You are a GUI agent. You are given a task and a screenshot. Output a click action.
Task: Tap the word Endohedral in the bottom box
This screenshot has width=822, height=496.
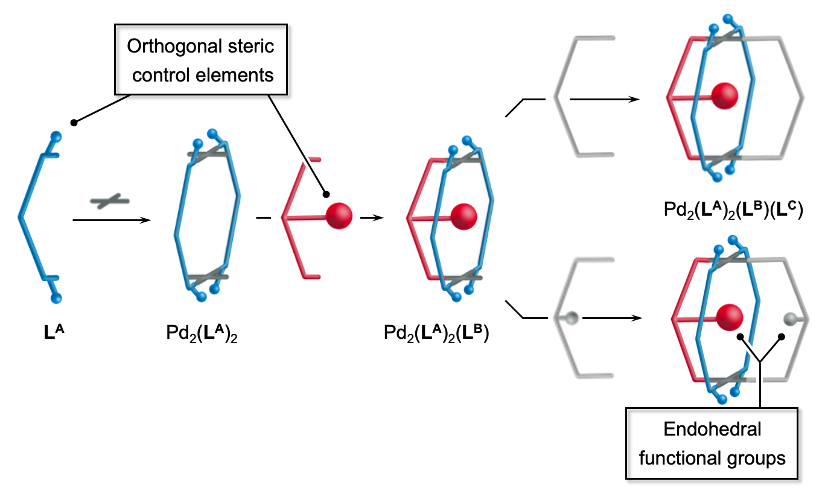tap(712, 430)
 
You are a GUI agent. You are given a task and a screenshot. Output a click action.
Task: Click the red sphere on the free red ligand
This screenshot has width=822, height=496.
tap(339, 215)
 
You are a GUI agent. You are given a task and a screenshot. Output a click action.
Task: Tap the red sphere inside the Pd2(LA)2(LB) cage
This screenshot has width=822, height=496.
tap(464, 215)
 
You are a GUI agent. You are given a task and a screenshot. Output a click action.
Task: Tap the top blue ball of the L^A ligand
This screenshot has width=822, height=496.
tap(56, 136)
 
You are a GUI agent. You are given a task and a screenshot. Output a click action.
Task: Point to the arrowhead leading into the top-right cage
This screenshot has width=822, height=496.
tap(636, 98)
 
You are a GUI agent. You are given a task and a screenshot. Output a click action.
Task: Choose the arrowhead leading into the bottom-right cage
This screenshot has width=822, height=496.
tap(636, 317)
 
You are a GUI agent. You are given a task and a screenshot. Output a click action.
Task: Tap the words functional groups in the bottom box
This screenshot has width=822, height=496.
tap(712, 458)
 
